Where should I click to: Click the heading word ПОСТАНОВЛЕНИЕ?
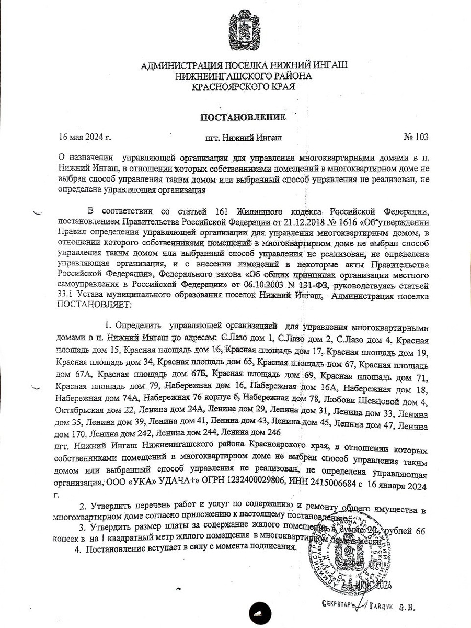click(x=244, y=117)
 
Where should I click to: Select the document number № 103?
click(x=416, y=138)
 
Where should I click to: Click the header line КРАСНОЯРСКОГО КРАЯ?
click(x=244, y=87)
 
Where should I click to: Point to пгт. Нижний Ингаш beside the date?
click(x=244, y=138)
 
